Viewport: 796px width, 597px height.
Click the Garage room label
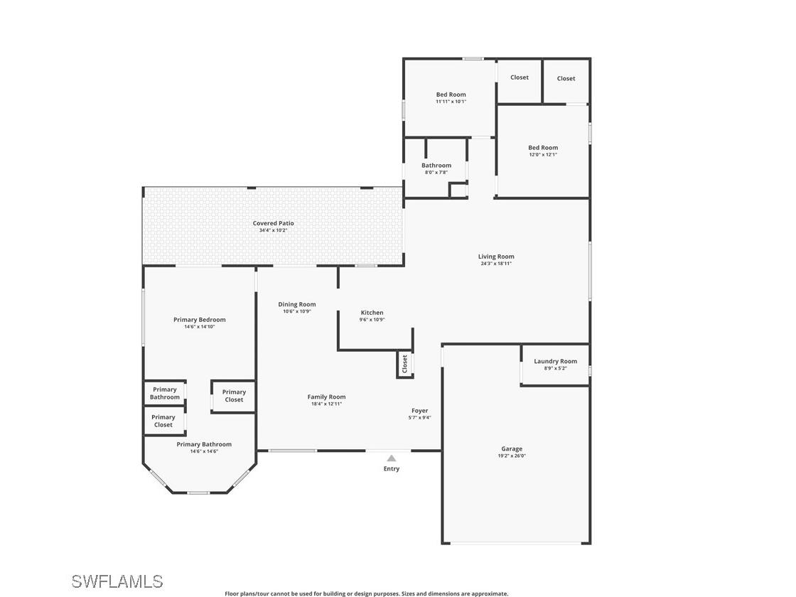(x=512, y=448)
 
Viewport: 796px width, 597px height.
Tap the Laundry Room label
(x=555, y=361)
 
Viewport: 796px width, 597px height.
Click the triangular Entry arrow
(x=391, y=458)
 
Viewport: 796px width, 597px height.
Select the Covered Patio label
(x=273, y=223)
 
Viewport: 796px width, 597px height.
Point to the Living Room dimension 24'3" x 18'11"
(x=495, y=264)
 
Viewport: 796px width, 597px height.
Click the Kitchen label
(x=372, y=313)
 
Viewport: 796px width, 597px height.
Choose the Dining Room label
(x=296, y=304)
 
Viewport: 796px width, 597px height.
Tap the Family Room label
(x=326, y=397)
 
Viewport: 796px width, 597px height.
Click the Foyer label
(x=419, y=410)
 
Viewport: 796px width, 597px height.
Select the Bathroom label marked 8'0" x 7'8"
(x=436, y=166)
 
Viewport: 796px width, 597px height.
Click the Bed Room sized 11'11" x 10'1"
(x=451, y=95)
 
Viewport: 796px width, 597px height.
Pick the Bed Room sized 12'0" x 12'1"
(x=543, y=148)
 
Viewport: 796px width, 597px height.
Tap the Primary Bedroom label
(x=199, y=320)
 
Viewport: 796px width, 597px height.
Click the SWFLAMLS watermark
(x=117, y=581)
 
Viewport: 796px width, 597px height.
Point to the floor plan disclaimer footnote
(x=366, y=593)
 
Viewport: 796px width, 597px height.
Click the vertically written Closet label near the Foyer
(x=405, y=364)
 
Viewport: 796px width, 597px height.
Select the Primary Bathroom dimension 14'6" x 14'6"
(x=204, y=451)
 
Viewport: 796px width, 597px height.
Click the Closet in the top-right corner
(x=566, y=78)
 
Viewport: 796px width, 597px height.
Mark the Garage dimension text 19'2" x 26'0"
(x=512, y=456)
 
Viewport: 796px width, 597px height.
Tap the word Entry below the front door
(x=391, y=469)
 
